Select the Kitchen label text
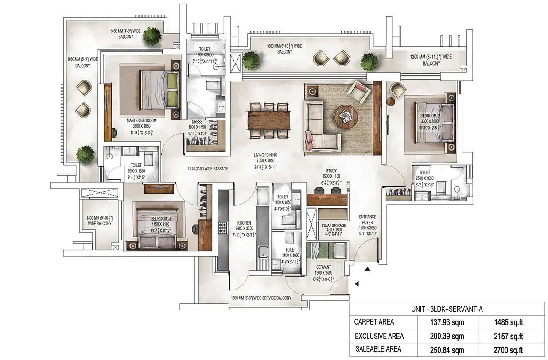pyautogui.click(x=244, y=223)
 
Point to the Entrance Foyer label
pyautogui.click(x=367, y=220)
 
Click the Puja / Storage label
pyautogui.click(x=334, y=225)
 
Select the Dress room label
pyautogui.click(x=197, y=121)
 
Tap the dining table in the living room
pyautogui.click(x=268, y=120)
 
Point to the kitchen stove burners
pyautogui.click(x=222, y=228)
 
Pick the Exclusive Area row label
pyautogui.click(x=379, y=336)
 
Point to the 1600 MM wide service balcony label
pyautogui.click(x=260, y=298)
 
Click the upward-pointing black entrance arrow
pyautogui.click(x=367, y=269)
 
